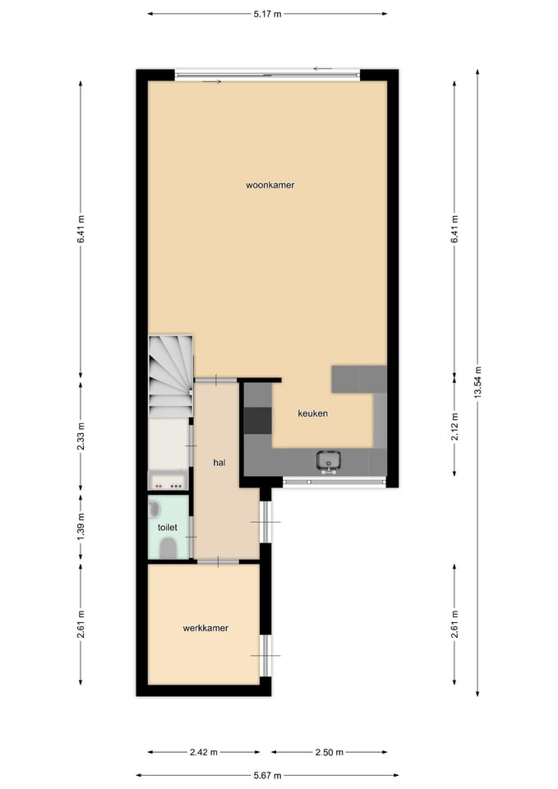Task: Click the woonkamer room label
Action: point(270,185)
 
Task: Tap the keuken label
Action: point(312,413)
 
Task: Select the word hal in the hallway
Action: point(219,463)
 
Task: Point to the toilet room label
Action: point(167,528)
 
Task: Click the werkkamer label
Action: point(205,628)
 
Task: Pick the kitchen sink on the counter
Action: point(329,461)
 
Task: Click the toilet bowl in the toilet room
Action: point(168,548)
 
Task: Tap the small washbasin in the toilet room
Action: point(154,510)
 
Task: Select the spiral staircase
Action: point(171,376)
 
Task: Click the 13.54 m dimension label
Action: point(477,382)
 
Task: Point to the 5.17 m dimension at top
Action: point(267,14)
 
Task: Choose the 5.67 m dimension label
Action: point(267,775)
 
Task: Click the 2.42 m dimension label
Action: point(204,752)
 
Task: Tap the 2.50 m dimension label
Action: point(329,752)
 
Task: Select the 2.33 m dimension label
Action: point(81,436)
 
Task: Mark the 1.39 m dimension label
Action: point(81,528)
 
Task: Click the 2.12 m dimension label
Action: point(454,427)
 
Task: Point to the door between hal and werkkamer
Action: point(218,561)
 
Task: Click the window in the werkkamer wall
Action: point(265,655)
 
